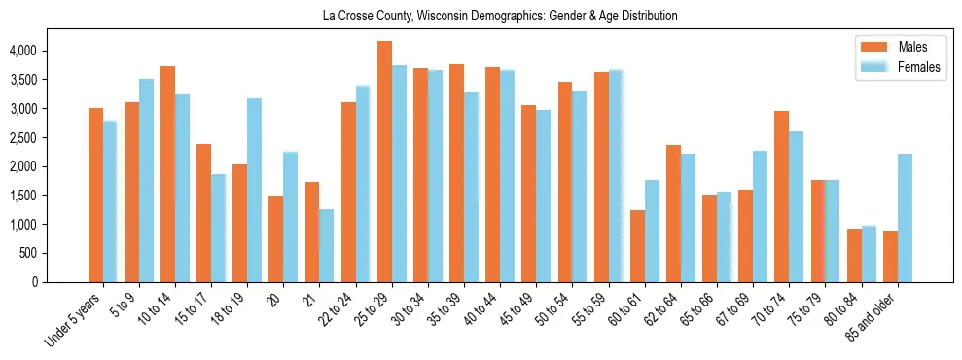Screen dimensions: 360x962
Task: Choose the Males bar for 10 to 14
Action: pyautogui.click(x=167, y=174)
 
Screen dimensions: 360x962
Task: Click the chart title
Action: pyautogui.click(x=499, y=17)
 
